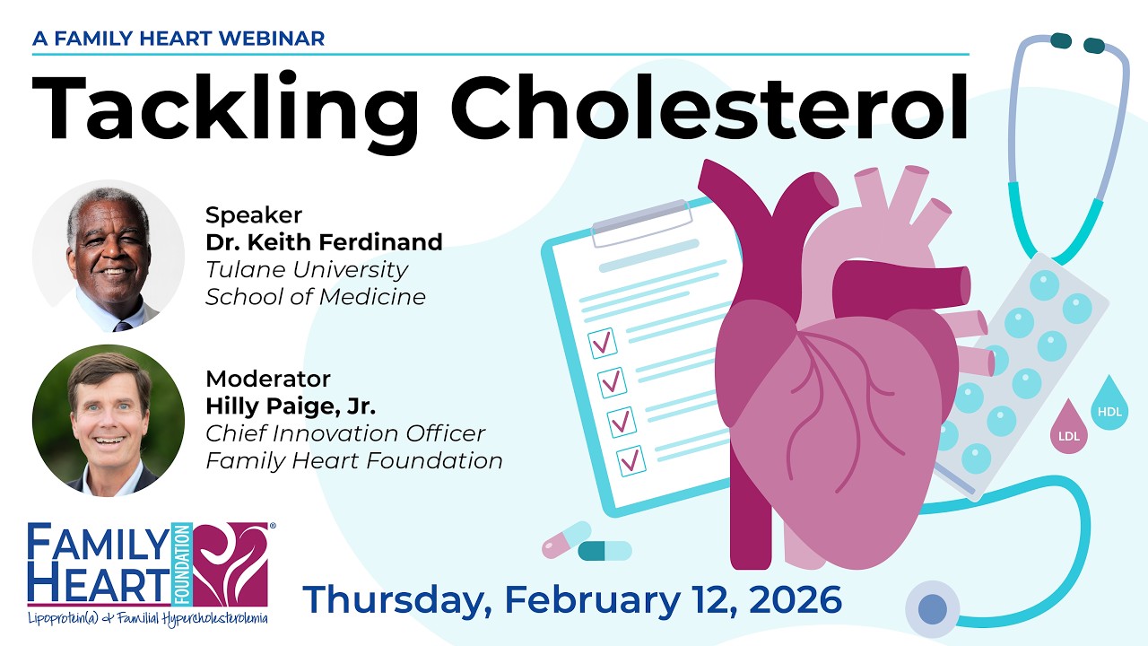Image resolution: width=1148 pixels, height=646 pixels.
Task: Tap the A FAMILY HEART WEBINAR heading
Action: click(x=178, y=39)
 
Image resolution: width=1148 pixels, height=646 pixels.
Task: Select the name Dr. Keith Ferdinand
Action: click(x=324, y=242)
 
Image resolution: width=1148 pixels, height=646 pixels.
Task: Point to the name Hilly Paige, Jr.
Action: click(x=291, y=406)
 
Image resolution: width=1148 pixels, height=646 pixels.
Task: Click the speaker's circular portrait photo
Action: click(x=109, y=256)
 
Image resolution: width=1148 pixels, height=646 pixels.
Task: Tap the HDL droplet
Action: click(x=1109, y=406)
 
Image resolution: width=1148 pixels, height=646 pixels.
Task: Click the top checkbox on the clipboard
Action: click(x=602, y=341)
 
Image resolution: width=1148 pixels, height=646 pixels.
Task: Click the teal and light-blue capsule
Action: click(x=604, y=550)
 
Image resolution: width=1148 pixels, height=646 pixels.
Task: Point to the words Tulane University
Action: click(x=307, y=269)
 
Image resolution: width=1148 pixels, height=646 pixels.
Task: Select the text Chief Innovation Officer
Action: click(x=345, y=433)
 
